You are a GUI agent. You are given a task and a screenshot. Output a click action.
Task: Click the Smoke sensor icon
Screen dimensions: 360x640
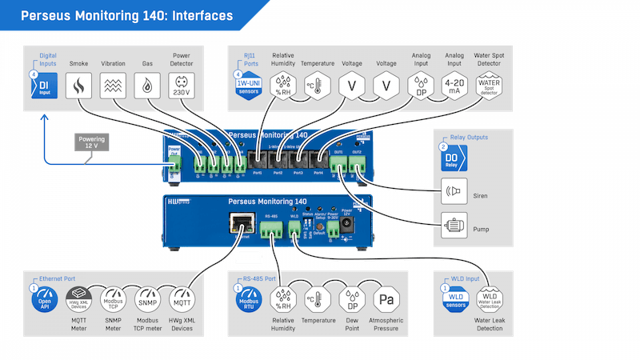(x=78, y=85)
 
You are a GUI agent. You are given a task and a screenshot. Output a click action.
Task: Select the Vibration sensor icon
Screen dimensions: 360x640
(x=113, y=85)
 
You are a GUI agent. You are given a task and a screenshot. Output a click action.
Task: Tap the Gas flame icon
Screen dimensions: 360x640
(x=148, y=85)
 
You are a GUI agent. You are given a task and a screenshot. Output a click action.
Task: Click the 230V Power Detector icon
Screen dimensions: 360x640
(x=182, y=85)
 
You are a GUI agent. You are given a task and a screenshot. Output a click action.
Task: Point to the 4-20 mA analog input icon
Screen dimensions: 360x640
(x=454, y=85)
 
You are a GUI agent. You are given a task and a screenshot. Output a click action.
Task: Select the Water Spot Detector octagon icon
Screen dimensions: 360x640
(x=490, y=85)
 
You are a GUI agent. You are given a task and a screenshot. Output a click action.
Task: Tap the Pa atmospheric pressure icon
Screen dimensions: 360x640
(x=386, y=301)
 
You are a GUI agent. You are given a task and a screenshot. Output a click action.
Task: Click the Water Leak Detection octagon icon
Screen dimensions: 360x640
(x=490, y=301)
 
